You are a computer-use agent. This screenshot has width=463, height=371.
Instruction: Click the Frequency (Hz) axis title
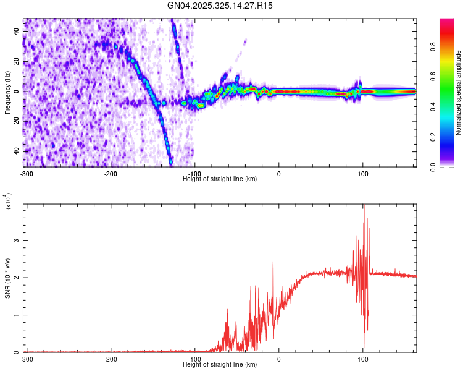(x=7, y=93)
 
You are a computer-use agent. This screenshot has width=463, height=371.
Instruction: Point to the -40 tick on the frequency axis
(x=15, y=151)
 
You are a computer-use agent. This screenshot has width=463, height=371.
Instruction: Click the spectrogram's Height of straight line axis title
(x=220, y=179)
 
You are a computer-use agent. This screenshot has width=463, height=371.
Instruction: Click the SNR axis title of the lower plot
(x=7, y=278)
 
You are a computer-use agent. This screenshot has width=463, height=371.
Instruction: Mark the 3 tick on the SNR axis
(x=19, y=241)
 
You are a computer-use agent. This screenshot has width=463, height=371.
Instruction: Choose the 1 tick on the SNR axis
(x=19, y=315)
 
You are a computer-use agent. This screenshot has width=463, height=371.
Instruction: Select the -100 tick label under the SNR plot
(x=194, y=359)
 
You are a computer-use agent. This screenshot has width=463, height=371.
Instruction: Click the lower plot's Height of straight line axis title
(x=220, y=364)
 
